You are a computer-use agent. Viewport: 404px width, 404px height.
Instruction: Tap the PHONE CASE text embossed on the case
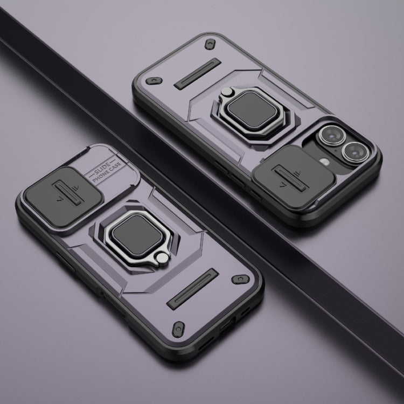107,172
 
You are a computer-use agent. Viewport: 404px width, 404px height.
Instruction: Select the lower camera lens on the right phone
356,152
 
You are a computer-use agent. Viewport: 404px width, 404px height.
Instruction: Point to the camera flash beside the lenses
325,162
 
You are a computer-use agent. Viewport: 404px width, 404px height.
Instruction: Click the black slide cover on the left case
64,197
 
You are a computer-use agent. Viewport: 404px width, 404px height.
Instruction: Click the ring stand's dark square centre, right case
252,110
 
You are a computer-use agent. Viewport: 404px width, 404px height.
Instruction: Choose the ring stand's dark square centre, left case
137,234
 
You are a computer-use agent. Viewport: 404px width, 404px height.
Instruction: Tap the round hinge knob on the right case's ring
227,92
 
